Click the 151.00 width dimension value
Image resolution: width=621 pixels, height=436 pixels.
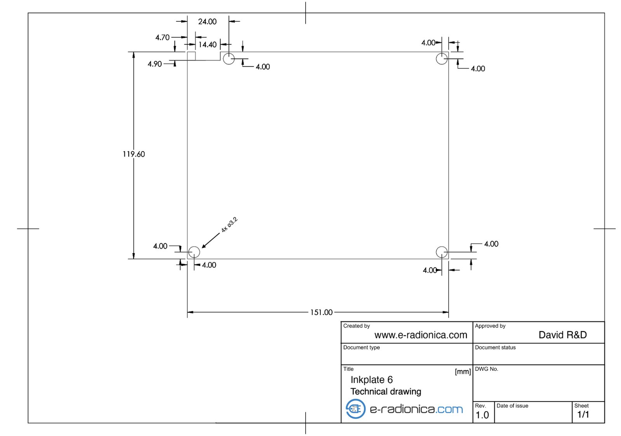pyautogui.click(x=321, y=313)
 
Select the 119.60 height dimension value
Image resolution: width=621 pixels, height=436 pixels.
pyautogui.click(x=134, y=154)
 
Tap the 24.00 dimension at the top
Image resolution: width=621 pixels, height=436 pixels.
pyautogui.click(x=207, y=22)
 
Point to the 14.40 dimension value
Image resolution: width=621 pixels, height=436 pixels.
pyautogui.click(x=207, y=45)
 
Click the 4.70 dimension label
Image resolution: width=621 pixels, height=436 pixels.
pyautogui.click(x=162, y=37)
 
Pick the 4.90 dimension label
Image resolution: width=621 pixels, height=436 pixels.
pyautogui.click(x=155, y=64)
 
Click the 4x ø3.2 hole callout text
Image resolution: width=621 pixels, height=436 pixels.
pyautogui.click(x=229, y=225)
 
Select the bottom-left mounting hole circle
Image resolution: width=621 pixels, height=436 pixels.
pyautogui.click(x=194, y=247)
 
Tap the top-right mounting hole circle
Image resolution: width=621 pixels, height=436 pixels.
pyautogui.click(x=442, y=53)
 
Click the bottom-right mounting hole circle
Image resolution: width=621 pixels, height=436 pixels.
pyautogui.click(x=442, y=247)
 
